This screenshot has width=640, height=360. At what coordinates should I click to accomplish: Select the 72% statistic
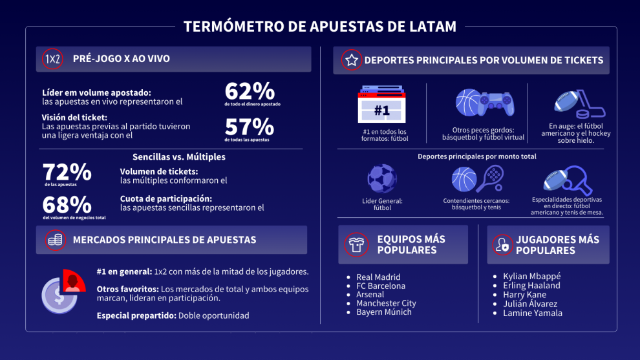[x=67, y=173]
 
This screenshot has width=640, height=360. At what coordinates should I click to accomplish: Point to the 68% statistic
[x=67, y=205]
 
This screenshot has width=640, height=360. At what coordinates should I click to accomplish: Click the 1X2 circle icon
[x=52, y=59]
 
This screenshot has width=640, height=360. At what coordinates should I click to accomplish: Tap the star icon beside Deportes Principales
[x=351, y=60]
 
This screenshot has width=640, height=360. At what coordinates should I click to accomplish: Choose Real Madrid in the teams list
[x=378, y=277]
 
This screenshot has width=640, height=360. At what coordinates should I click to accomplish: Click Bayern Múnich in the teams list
[x=383, y=312]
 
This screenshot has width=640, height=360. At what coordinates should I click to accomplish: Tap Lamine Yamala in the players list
[x=533, y=313]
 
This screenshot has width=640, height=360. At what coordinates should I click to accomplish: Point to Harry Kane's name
[x=524, y=295]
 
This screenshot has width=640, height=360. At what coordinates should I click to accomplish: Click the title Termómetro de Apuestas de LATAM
[x=320, y=26]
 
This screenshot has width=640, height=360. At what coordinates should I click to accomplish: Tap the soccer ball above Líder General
[x=381, y=179]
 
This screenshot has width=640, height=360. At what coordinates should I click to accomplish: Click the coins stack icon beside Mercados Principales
[x=56, y=240]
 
